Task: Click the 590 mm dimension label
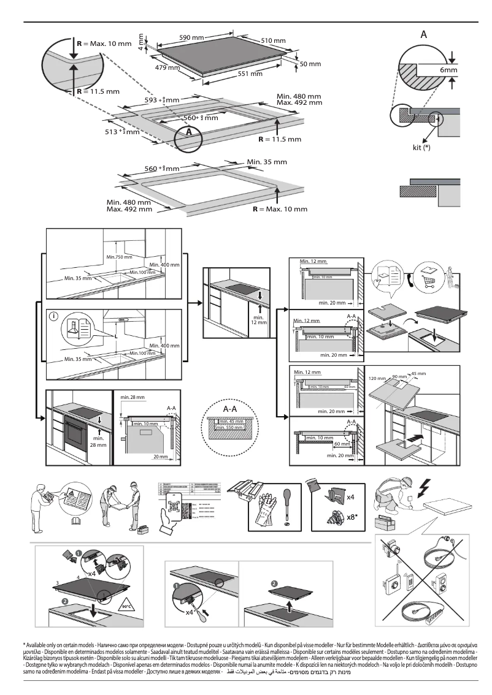point(191,37)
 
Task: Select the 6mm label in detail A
point(448,71)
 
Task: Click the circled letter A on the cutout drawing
point(190,131)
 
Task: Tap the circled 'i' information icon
point(55,316)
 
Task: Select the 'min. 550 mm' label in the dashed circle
point(230,427)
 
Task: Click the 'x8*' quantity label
point(353,516)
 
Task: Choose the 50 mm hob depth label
point(309,64)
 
